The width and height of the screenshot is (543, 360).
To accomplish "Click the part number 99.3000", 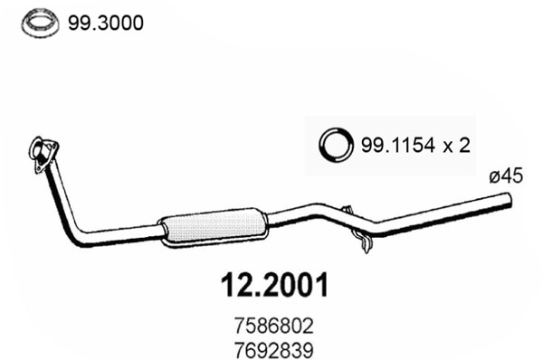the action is pos(105,24).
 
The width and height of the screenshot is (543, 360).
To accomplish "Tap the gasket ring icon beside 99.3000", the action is pos(40,24).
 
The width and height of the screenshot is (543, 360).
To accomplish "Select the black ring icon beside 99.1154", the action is pos(336,145).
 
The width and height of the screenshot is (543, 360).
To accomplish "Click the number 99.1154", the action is pos(397,145).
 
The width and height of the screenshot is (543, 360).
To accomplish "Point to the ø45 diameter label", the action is pos(506,175).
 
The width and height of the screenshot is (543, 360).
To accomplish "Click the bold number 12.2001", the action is pos(274,286).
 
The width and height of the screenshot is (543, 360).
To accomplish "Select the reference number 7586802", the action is pos(274,326).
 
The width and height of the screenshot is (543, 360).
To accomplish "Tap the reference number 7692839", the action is pos(274,350).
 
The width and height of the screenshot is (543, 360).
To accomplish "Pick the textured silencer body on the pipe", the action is pos(213,227).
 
